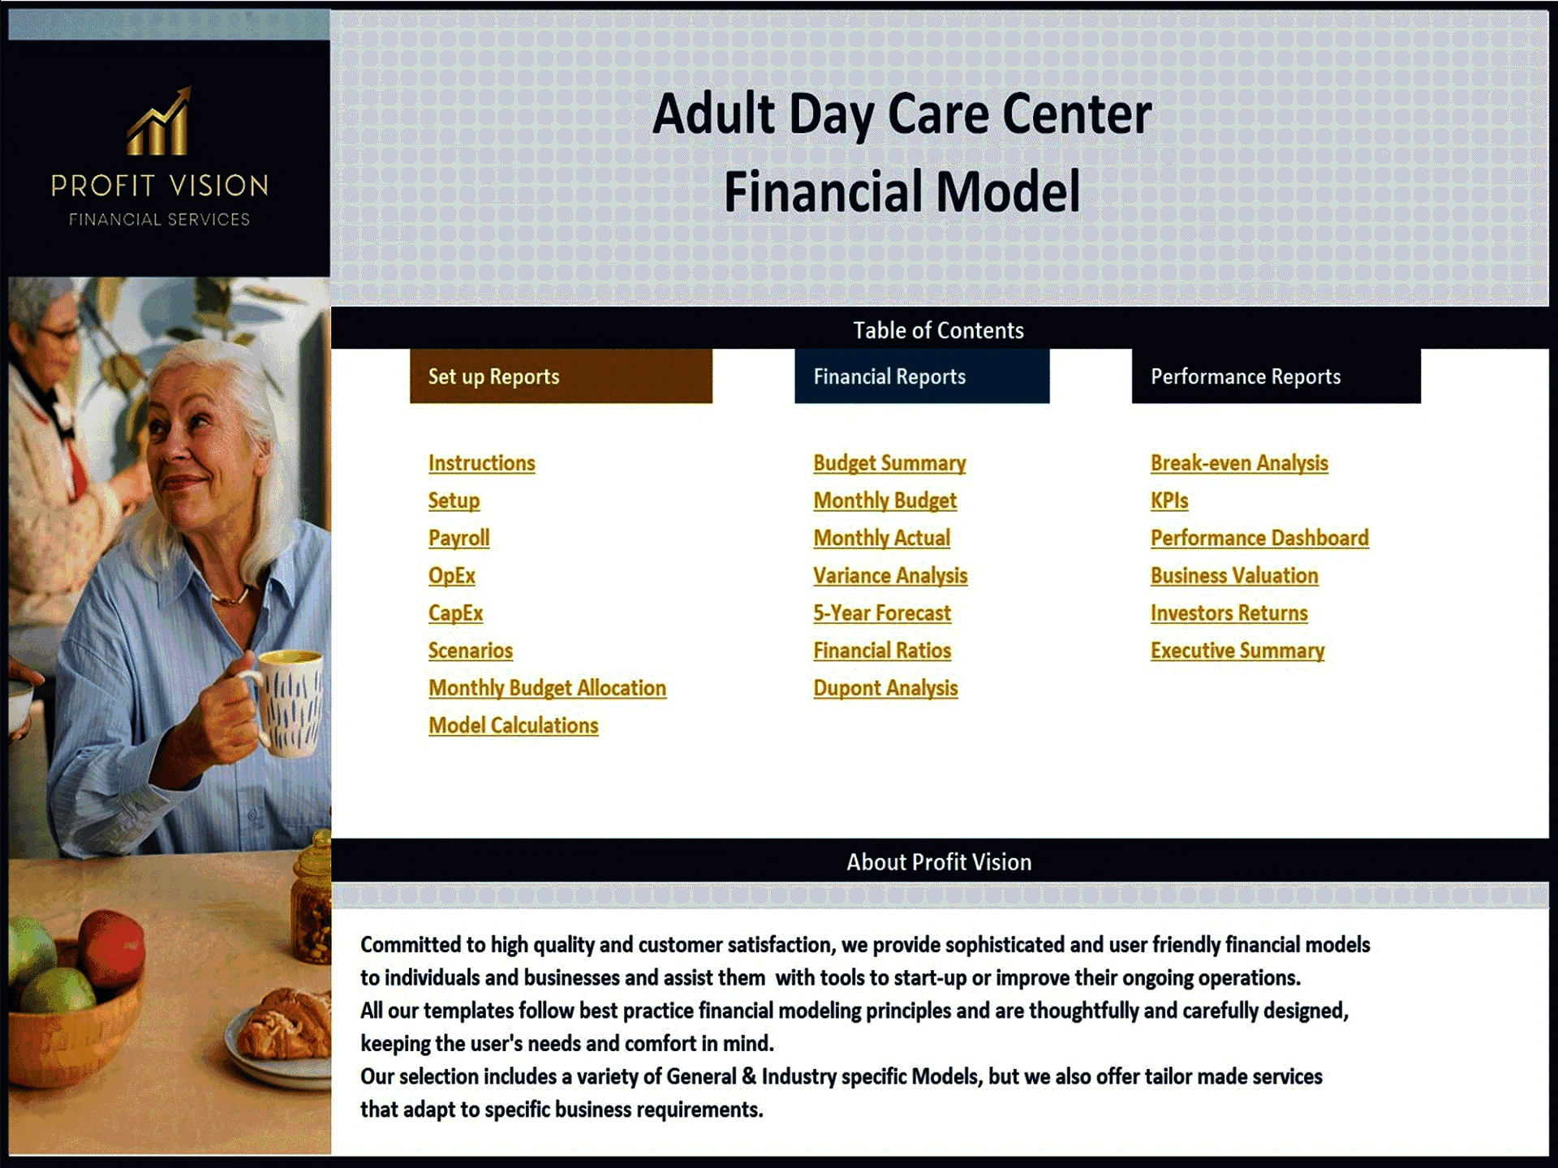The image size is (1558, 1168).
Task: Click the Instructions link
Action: tap(481, 463)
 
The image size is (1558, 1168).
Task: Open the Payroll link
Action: tap(458, 538)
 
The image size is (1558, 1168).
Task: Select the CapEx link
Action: tap(455, 613)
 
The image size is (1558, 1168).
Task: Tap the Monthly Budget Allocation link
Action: tap(547, 688)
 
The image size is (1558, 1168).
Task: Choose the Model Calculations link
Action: tap(513, 725)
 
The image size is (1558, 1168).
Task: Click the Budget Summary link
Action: tap(889, 463)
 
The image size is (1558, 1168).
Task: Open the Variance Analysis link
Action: tap(890, 576)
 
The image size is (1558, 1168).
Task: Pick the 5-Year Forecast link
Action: tap(882, 613)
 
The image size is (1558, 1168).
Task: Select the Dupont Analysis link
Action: tap(885, 688)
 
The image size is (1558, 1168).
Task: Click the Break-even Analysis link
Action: tap(1239, 463)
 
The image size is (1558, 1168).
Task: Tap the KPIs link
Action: tap(1168, 500)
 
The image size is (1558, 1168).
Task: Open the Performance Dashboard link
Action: tap(1259, 538)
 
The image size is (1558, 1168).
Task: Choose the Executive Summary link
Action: tap(1237, 651)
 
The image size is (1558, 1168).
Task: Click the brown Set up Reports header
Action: tap(561, 376)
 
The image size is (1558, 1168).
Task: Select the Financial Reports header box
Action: tap(922, 376)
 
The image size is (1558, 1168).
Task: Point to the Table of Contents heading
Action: tap(938, 330)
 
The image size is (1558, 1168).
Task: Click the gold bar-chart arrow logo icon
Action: tap(160, 123)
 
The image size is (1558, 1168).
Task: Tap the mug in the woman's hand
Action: tap(288, 702)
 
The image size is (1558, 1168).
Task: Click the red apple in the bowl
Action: tap(112, 946)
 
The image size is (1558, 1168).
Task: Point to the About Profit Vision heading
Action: tap(939, 862)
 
